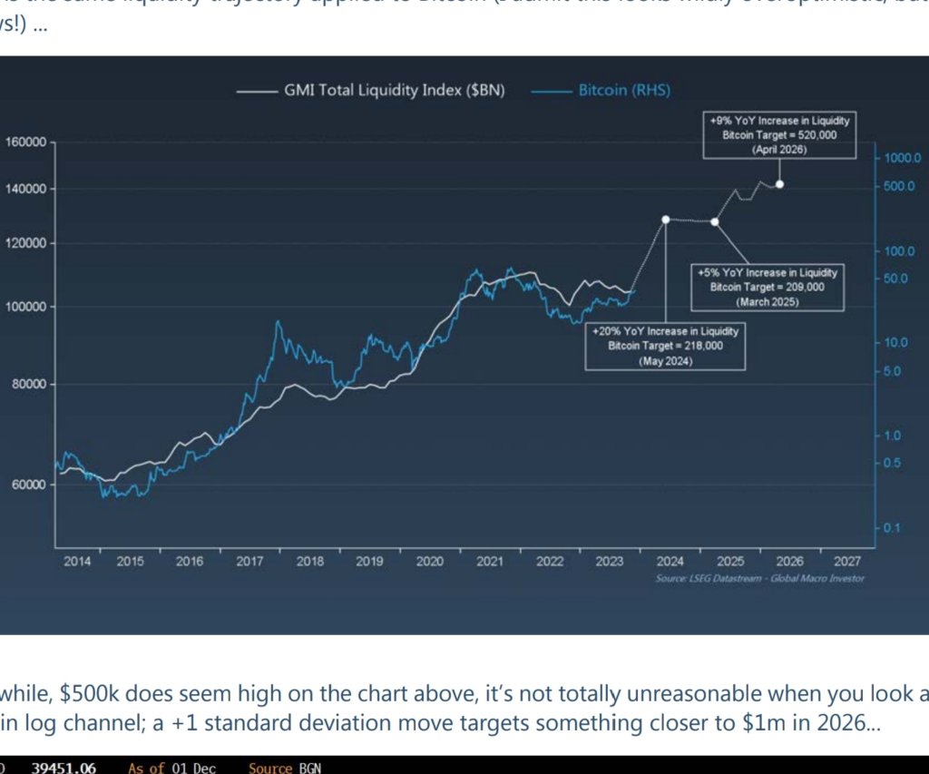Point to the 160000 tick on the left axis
point(26,142)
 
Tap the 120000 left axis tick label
point(26,243)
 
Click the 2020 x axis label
point(429,562)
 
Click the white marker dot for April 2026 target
point(780,184)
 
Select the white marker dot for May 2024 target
point(666,220)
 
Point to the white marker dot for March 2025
point(715,221)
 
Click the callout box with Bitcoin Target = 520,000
point(779,135)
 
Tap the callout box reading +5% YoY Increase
point(768,287)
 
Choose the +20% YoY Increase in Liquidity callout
point(665,346)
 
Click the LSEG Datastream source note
point(759,579)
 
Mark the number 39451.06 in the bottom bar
point(64,768)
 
